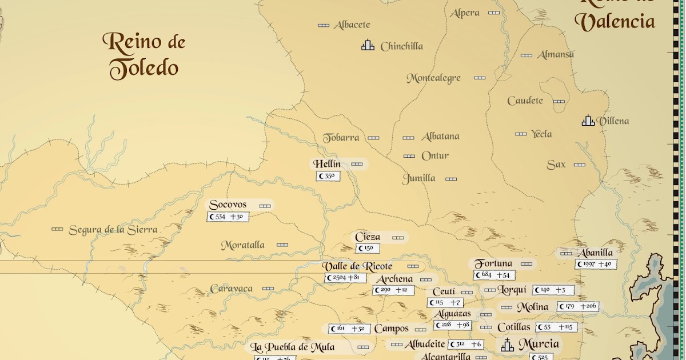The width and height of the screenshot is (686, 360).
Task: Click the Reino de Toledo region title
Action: pyautogui.click(x=144, y=55)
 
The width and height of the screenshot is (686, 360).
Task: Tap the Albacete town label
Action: pyautogui.click(x=352, y=25)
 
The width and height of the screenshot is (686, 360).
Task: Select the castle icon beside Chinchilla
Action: pyautogui.click(x=368, y=45)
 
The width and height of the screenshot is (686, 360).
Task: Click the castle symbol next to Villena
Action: pyautogui.click(x=588, y=120)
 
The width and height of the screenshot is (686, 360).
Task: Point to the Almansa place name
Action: pyautogui.click(x=555, y=55)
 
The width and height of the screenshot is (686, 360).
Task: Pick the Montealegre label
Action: pyautogui.click(x=433, y=78)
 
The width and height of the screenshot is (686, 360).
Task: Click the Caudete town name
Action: pyautogui.click(x=525, y=101)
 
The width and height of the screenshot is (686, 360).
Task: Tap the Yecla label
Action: pyautogui.click(x=541, y=134)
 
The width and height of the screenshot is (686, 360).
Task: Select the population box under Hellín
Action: pyautogui.click(x=328, y=176)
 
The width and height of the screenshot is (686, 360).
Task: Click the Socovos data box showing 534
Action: pyautogui.click(x=228, y=217)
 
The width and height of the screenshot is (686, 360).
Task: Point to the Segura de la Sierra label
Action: pyautogui.click(x=113, y=230)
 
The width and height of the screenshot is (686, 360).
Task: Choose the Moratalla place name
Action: pyautogui.click(x=243, y=245)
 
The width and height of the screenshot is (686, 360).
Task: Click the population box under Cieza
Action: pyautogui.click(x=368, y=249)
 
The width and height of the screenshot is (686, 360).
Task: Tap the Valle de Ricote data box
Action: pyautogui.click(x=346, y=278)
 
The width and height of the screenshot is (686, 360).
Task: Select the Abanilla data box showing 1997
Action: pyautogui.click(x=596, y=264)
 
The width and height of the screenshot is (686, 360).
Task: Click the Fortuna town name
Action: pyautogui.click(x=493, y=263)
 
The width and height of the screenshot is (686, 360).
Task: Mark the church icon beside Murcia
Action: pyautogui.click(x=507, y=345)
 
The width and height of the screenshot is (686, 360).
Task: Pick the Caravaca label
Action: pyautogui.click(x=231, y=289)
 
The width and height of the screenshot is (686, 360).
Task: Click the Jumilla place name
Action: pyautogui.click(x=419, y=178)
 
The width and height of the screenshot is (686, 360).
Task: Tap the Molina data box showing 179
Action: pyautogui.click(x=579, y=307)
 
